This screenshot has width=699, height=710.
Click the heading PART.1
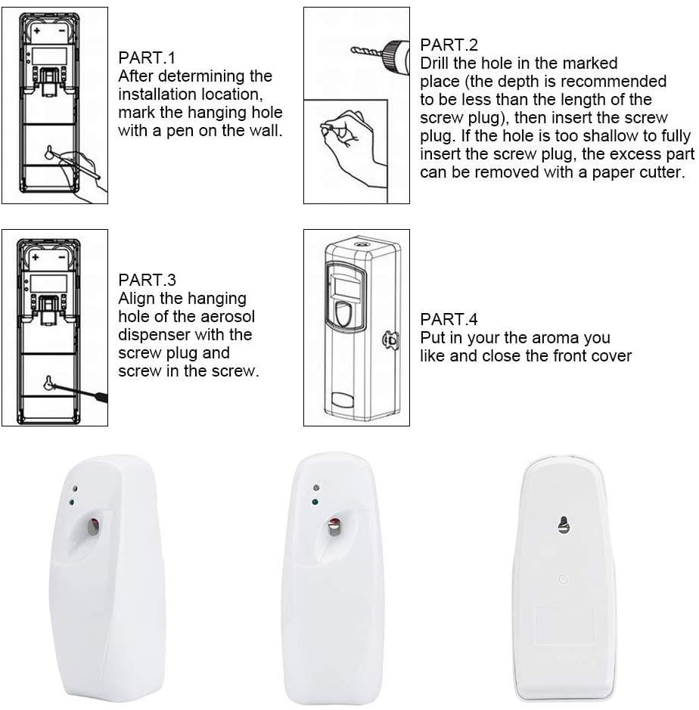click(x=147, y=58)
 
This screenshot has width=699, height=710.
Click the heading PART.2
click(x=449, y=45)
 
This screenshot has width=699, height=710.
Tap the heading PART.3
click(x=147, y=281)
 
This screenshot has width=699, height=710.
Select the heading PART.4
click(x=449, y=320)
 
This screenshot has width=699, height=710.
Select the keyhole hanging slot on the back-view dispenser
click(x=563, y=523)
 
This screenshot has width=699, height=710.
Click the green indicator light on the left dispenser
click(x=70, y=501)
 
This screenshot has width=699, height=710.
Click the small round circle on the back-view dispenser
click(x=563, y=578)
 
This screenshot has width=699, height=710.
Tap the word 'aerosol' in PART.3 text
click(x=223, y=317)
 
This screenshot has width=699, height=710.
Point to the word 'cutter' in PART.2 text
click(x=661, y=172)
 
